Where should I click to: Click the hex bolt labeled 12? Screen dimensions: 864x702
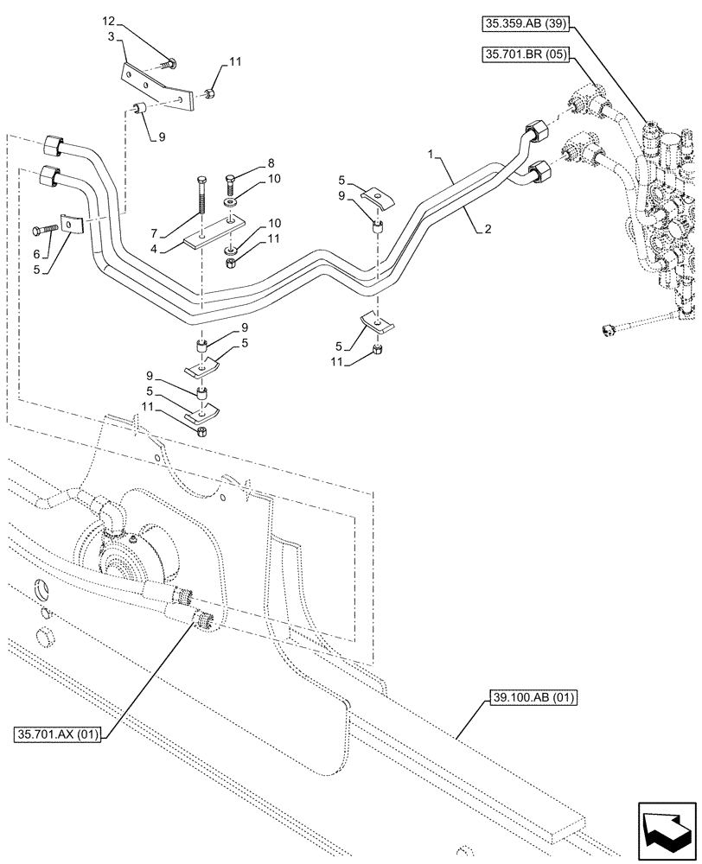click(x=170, y=62)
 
